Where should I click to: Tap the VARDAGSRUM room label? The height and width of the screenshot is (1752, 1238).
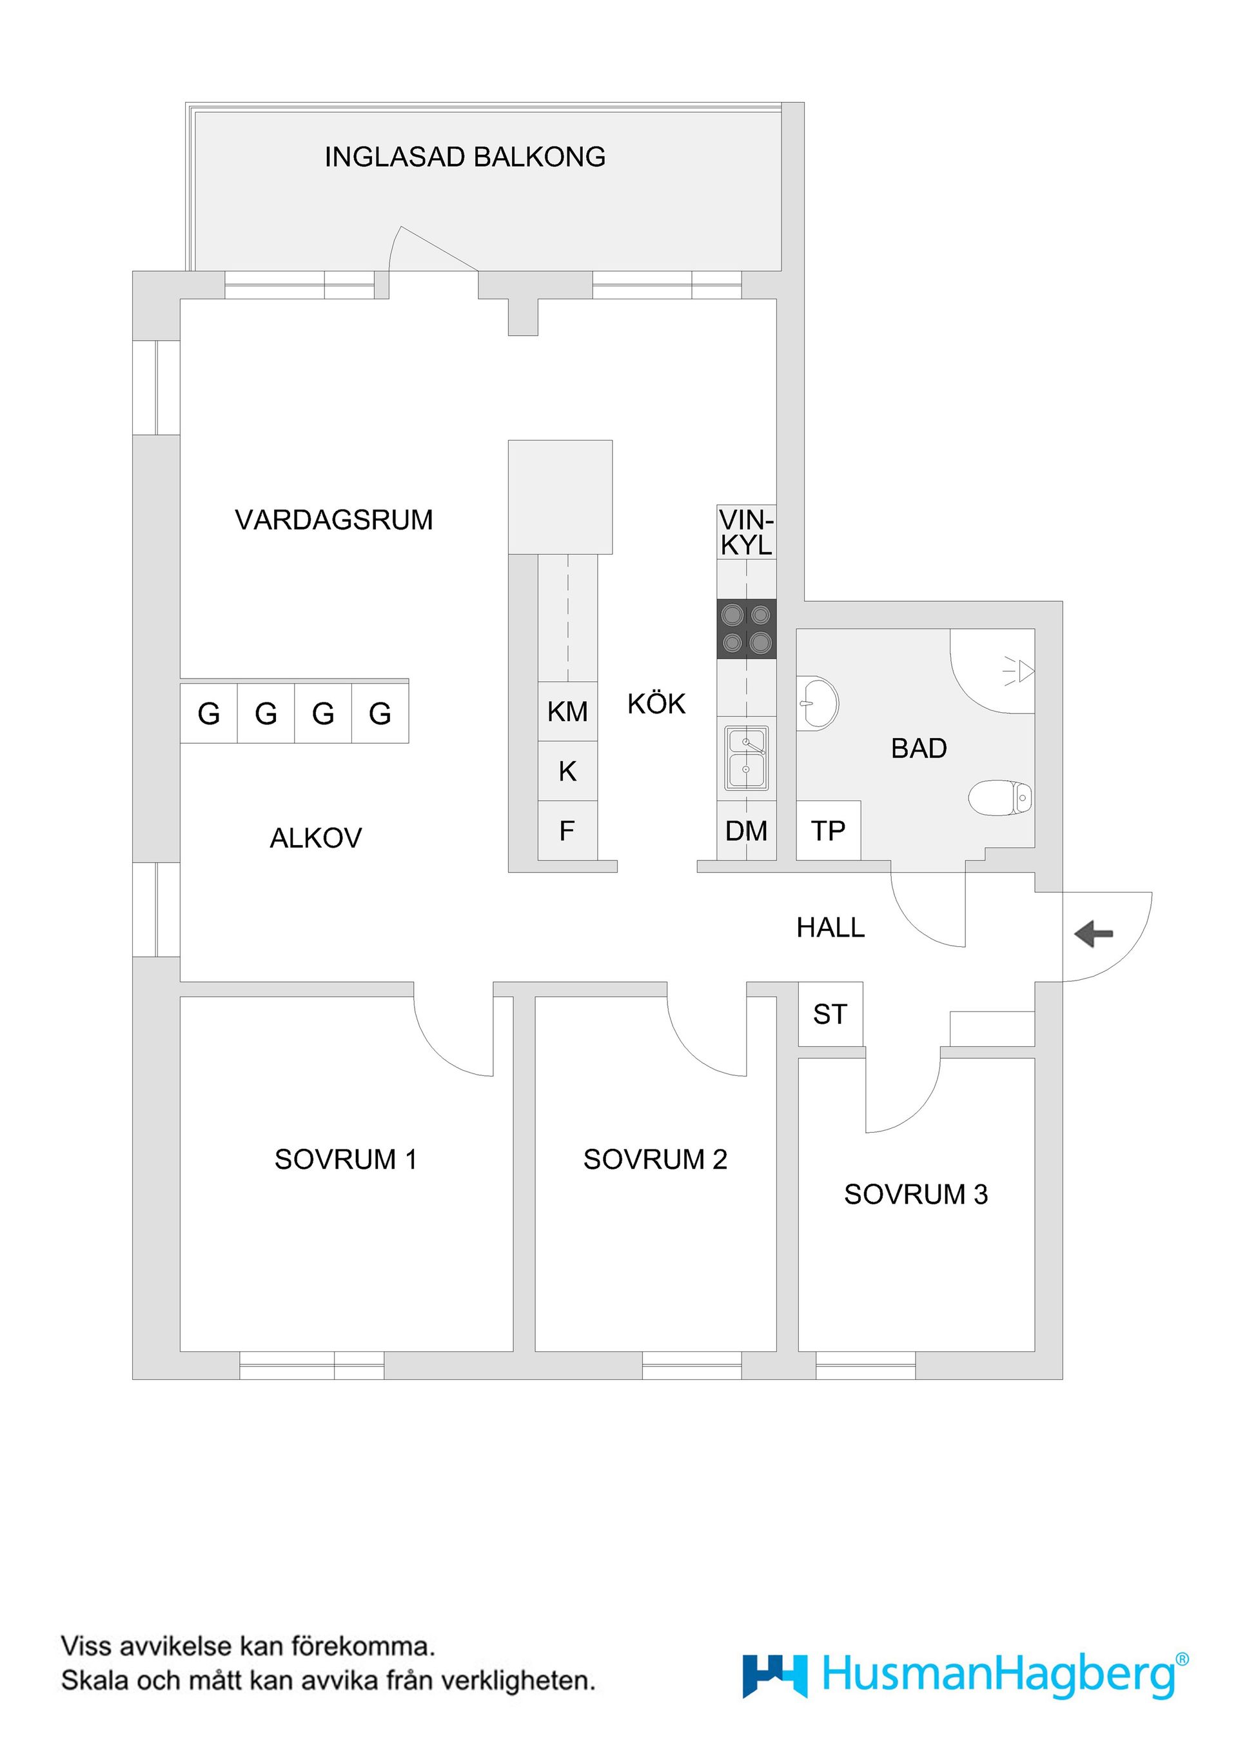click(x=333, y=521)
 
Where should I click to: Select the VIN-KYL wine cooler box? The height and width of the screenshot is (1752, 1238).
click(x=746, y=532)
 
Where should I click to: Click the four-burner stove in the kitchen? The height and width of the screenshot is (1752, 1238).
click(x=746, y=629)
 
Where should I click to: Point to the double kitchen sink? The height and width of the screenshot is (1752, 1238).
click(x=746, y=759)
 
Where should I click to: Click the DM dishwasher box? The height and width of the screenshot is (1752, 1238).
click(x=746, y=831)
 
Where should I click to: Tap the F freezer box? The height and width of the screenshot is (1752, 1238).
click(x=567, y=831)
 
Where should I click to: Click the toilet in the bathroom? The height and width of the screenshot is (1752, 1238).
click(x=1001, y=798)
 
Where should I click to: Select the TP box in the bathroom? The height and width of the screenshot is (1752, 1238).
click(x=829, y=831)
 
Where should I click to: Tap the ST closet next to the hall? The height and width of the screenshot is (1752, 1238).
click(x=830, y=1014)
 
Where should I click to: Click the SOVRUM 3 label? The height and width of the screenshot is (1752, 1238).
click(x=916, y=1194)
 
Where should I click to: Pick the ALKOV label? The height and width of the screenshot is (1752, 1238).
click(x=315, y=839)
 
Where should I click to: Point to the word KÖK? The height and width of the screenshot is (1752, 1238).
click(x=656, y=704)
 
